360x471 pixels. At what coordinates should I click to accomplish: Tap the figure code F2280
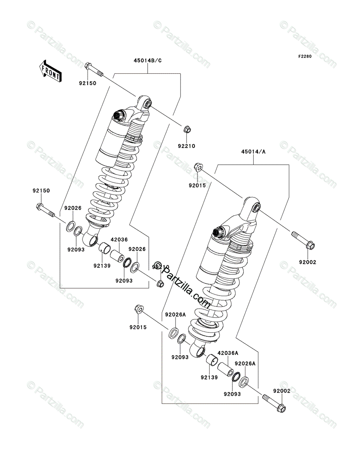coord(304,57)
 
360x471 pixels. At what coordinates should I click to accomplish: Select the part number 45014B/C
coord(148,60)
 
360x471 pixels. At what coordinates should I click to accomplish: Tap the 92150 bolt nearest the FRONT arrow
coord(93,69)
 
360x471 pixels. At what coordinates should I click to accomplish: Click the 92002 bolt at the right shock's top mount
coord(302,240)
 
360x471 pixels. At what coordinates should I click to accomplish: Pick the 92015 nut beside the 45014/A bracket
coord(199,168)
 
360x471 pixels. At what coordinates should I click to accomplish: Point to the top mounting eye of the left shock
coord(147,104)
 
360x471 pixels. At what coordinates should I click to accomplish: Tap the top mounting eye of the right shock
coord(256,208)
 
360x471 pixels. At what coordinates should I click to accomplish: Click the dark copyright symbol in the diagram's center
coord(158,266)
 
